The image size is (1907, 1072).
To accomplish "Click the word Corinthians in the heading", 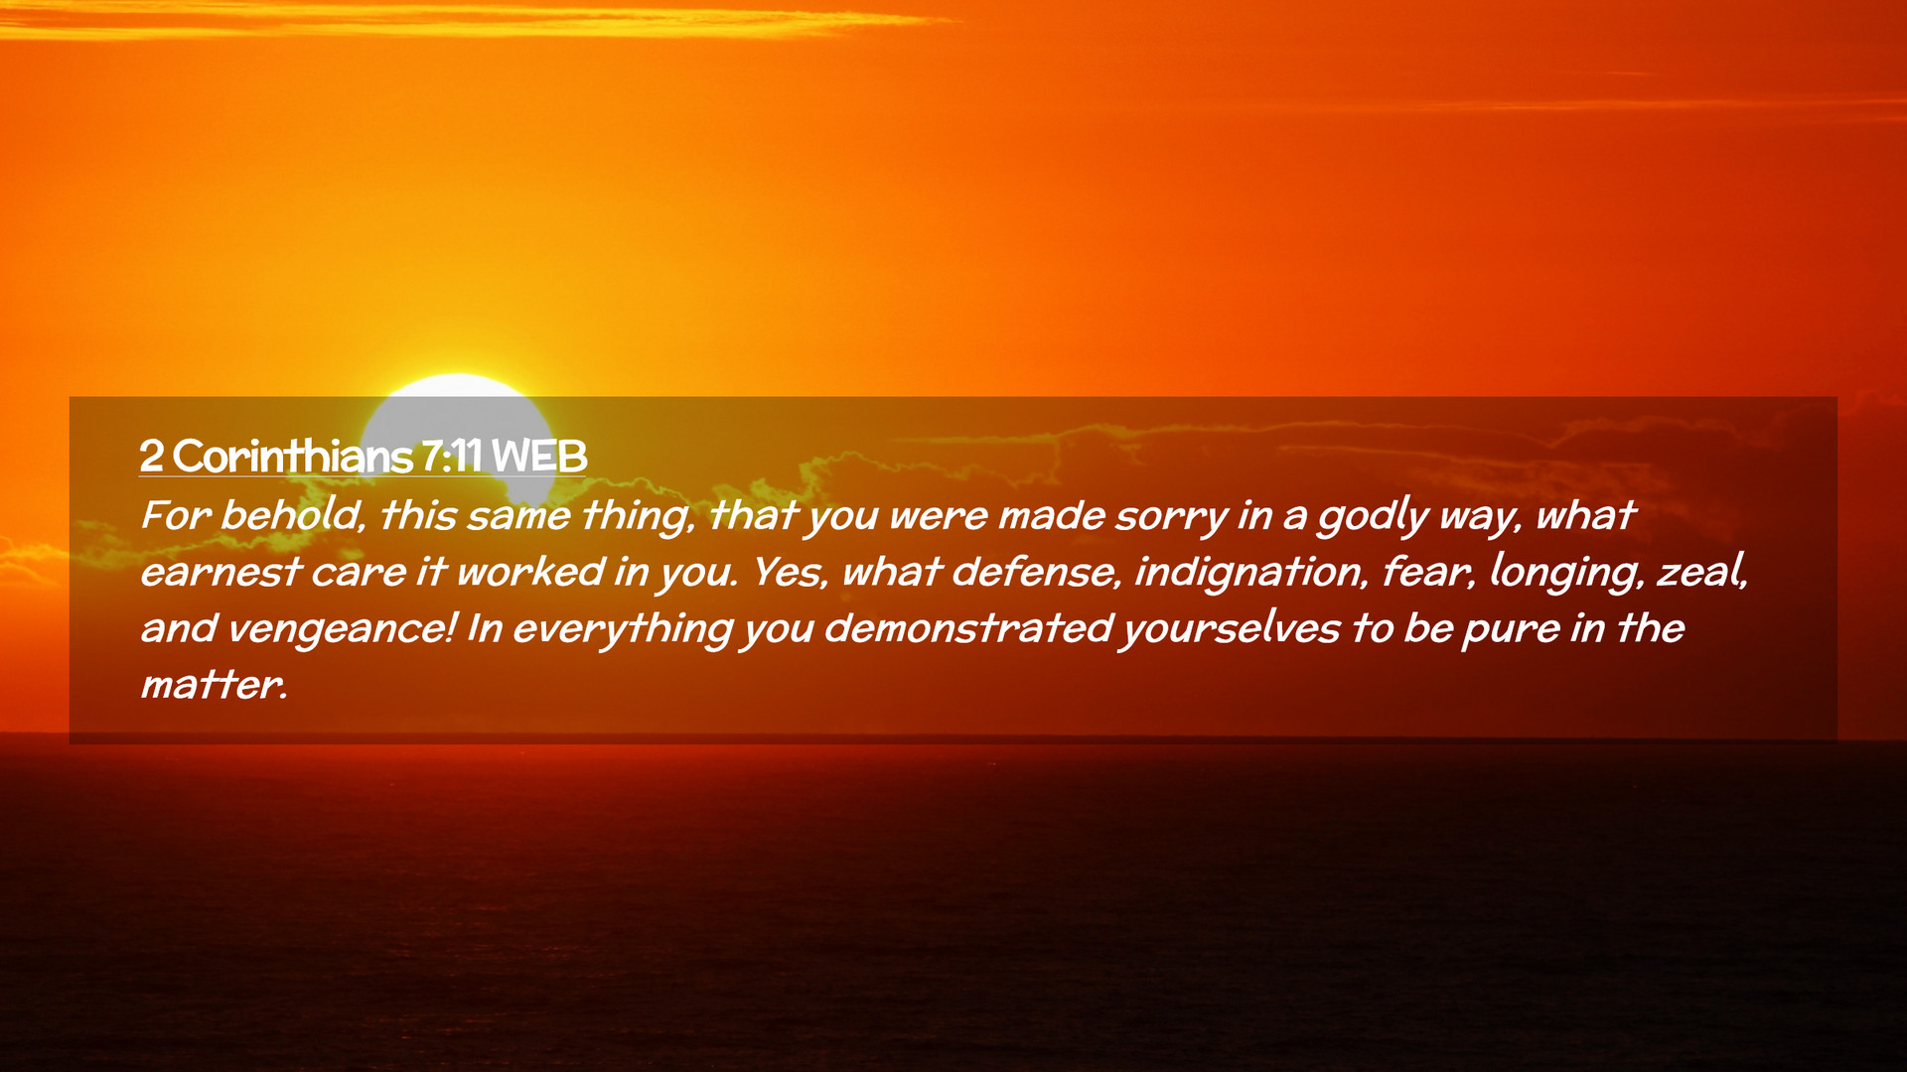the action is (293, 457).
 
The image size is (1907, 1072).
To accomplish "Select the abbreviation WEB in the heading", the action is (539, 457).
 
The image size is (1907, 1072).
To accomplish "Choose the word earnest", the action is (220, 573).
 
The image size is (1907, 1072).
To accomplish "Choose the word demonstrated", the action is (968, 628).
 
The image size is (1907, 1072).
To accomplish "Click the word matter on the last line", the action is (214, 685).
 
